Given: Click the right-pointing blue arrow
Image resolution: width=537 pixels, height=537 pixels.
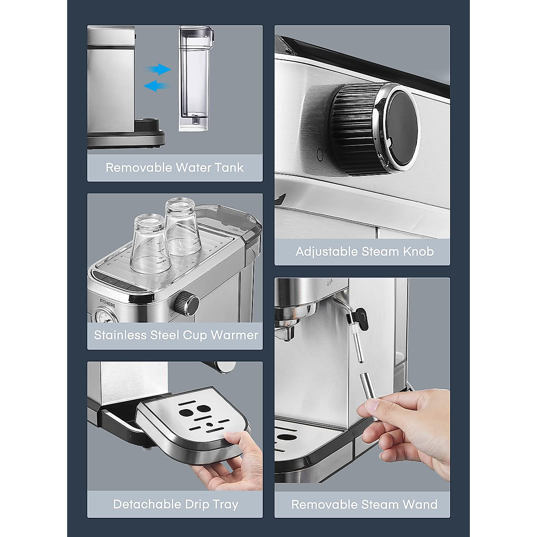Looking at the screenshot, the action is point(159,69).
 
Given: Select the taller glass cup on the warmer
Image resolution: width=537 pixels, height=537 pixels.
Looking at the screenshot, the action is point(183,227).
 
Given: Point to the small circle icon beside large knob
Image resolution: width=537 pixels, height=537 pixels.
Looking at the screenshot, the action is point(320,154).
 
